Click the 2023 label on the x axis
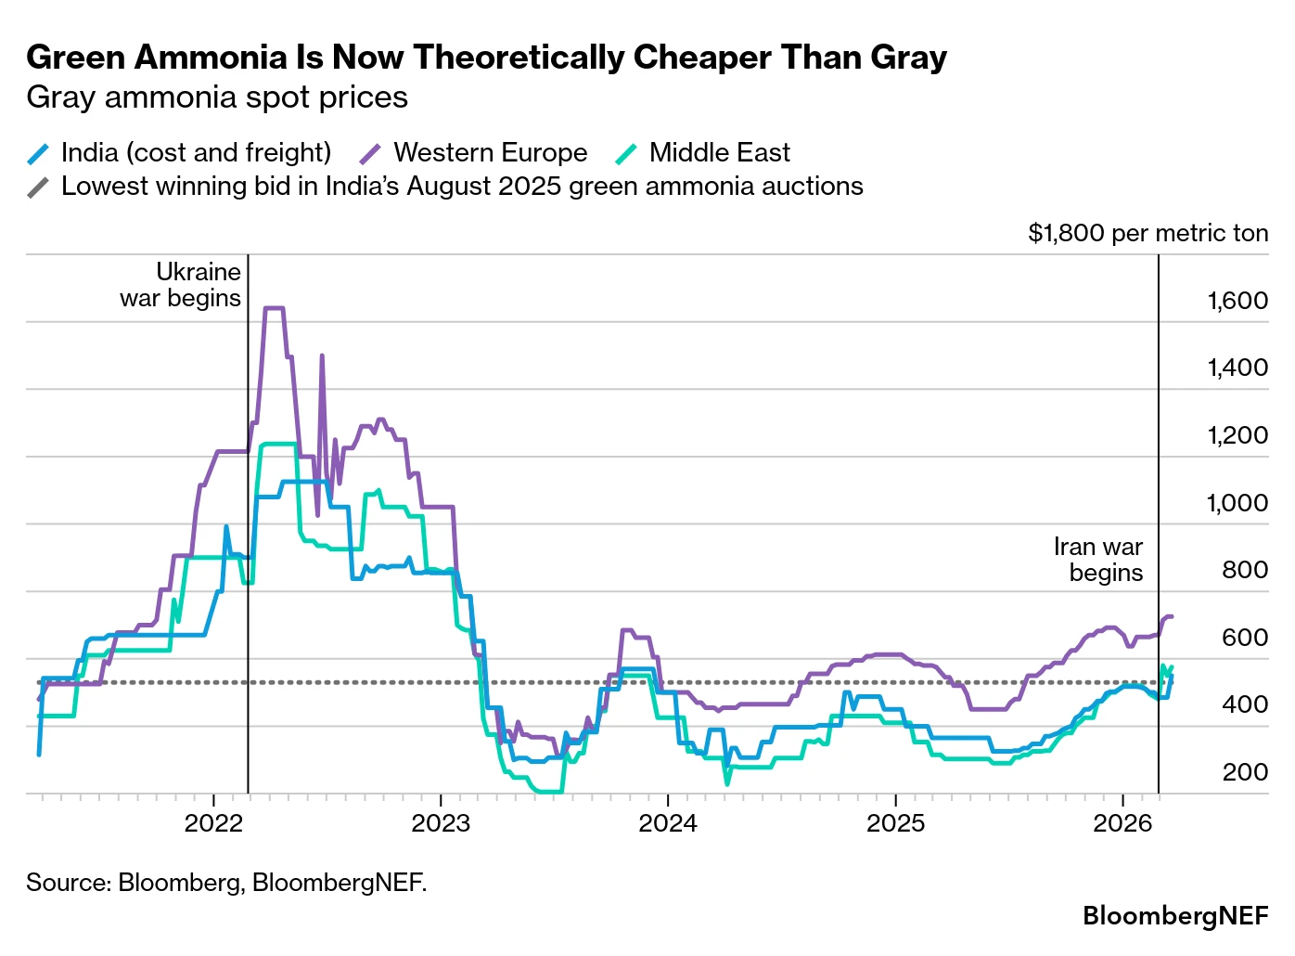(x=441, y=822)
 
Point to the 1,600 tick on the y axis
(x=1237, y=301)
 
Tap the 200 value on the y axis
(x=1244, y=772)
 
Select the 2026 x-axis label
(x=1122, y=822)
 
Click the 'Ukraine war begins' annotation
(x=181, y=285)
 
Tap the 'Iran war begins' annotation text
(x=1098, y=560)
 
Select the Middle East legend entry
(x=705, y=152)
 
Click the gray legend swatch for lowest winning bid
(x=38, y=187)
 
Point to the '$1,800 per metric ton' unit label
(x=1148, y=233)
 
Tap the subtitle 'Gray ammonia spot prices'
(x=217, y=97)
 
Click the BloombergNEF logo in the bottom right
(x=1174, y=916)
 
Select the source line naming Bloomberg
(x=226, y=882)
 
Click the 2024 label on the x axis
(x=668, y=822)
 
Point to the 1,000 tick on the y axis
(x=1237, y=503)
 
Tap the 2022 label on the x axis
(x=213, y=822)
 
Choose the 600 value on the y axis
(x=1244, y=638)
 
